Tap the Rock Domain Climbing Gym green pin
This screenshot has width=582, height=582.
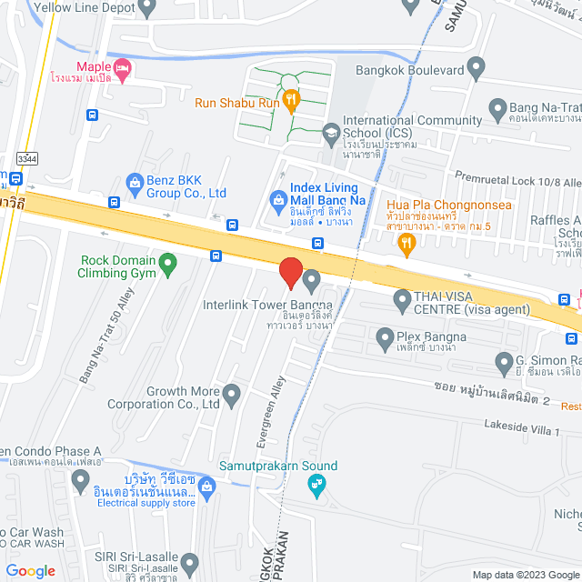point(167,265)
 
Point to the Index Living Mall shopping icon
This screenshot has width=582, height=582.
point(277,197)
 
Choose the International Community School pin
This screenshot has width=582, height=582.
point(330,135)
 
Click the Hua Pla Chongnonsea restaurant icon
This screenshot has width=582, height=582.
point(406,242)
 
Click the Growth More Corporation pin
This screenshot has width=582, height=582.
point(232,395)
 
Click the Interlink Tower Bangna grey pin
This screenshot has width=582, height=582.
point(312,278)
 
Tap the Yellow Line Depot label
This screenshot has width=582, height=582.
point(84,8)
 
